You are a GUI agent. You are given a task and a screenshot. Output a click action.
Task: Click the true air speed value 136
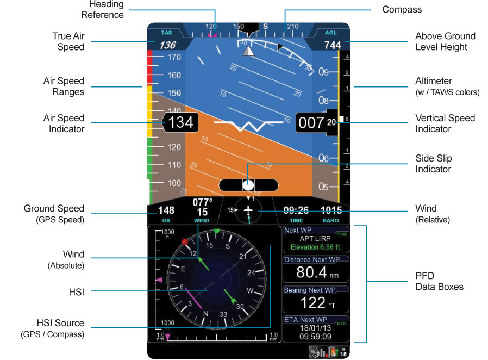167,45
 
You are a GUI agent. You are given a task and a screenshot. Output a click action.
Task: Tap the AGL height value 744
332,45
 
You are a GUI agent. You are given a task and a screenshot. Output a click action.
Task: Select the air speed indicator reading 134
180,123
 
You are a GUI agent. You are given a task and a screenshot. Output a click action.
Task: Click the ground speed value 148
166,210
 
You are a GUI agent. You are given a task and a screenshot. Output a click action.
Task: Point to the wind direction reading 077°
202,203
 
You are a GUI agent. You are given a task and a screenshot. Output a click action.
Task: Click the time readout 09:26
296,210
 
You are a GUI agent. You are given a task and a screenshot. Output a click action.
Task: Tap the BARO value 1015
331,210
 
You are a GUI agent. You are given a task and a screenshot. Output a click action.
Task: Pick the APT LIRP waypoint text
315,239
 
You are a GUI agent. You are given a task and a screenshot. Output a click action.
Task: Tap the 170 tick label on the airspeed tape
173,57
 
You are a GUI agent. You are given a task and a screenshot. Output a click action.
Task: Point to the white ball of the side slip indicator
248,184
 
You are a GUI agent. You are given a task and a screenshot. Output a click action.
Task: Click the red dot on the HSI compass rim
185,241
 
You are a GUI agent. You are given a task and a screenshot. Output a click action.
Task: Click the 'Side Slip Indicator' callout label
433,164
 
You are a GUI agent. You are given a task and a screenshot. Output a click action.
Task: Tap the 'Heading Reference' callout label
106,9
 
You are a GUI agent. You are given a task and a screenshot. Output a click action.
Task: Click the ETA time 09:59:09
315,336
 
